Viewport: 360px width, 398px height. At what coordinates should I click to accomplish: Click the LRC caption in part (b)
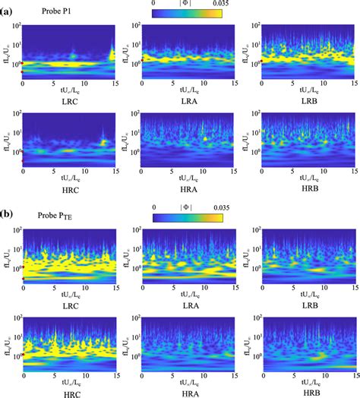(x=69, y=302)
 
